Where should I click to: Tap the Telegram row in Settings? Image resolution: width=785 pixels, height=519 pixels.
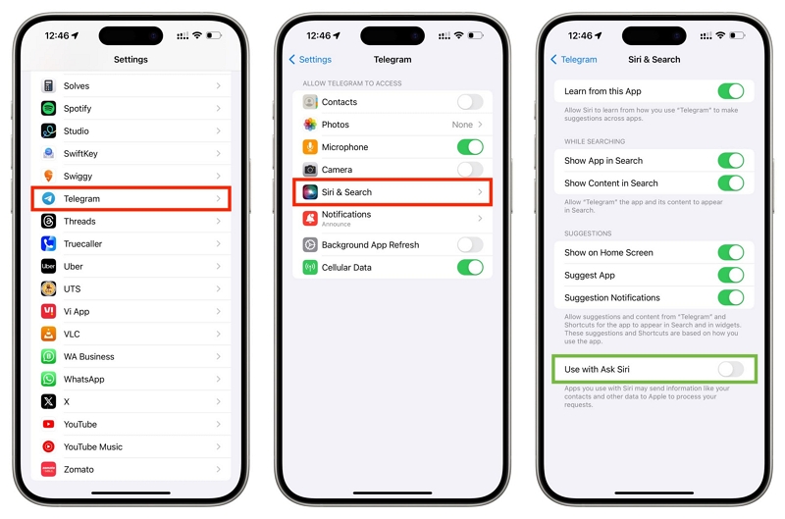[x=131, y=198]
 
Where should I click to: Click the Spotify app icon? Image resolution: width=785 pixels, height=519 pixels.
[x=48, y=108]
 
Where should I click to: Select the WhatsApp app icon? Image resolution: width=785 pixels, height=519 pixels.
[x=48, y=379]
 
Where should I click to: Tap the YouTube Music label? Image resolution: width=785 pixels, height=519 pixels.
[x=93, y=446]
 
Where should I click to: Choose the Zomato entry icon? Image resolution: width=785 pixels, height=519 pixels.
[x=48, y=469]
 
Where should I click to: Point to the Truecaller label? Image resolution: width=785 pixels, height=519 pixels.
[x=83, y=243]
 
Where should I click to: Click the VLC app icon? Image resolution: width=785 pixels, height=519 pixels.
[x=48, y=334]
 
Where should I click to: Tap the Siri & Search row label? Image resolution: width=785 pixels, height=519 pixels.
[x=346, y=192]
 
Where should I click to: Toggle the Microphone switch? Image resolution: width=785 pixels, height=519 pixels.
[x=470, y=147]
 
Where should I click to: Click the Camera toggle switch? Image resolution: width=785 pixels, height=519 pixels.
[x=470, y=170]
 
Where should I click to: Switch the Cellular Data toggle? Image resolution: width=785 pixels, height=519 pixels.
[x=470, y=267]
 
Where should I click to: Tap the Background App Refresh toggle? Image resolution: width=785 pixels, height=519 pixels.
[x=470, y=244]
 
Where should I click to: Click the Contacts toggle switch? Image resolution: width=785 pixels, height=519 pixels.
[x=470, y=102]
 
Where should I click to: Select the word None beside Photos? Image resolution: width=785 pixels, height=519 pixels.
[x=462, y=125]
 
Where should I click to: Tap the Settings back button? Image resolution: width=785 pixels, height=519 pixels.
[x=310, y=60]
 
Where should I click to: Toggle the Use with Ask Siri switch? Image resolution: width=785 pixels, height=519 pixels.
[x=731, y=369]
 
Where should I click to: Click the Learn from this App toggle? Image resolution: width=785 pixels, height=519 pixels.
[x=731, y=91]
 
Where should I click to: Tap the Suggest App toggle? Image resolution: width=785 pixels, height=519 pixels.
[x=731, y=276]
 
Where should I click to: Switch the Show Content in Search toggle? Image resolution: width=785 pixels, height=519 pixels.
[x=731, y=183]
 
